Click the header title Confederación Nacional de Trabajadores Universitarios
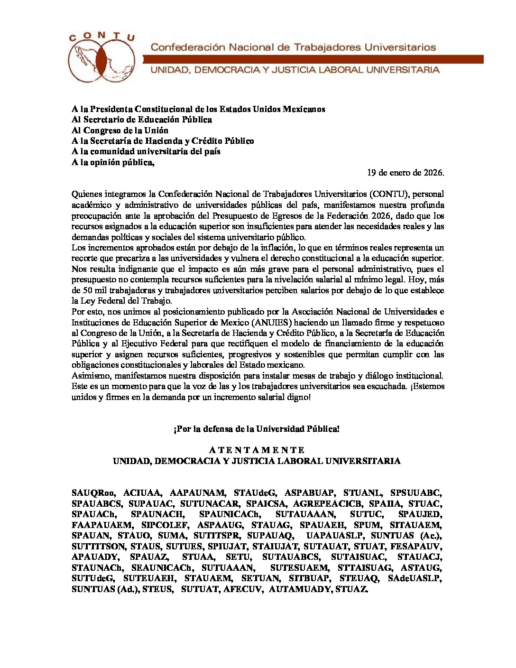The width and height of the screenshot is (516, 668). (x=293, y=47)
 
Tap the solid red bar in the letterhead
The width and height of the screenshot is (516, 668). (x=313, y=59)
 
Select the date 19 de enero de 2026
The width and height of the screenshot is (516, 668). (x=405, y=173)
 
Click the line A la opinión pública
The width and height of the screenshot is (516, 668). (x=113, y=162)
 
